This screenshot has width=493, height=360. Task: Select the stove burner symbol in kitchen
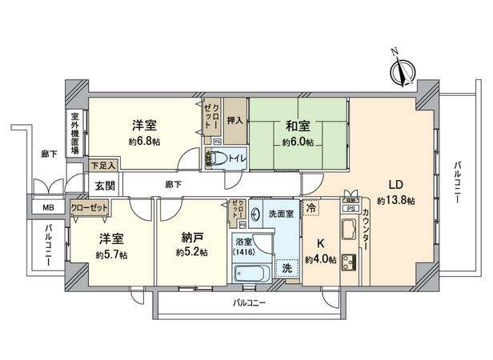[x=350, y=263]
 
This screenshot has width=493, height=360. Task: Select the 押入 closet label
[x=234, y=120]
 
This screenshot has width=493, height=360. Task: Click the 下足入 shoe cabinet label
[x=103, y=166]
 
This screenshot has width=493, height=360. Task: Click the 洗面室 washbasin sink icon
[x=255, y=214]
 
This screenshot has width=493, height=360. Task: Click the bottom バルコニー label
[x=250, y=303]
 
